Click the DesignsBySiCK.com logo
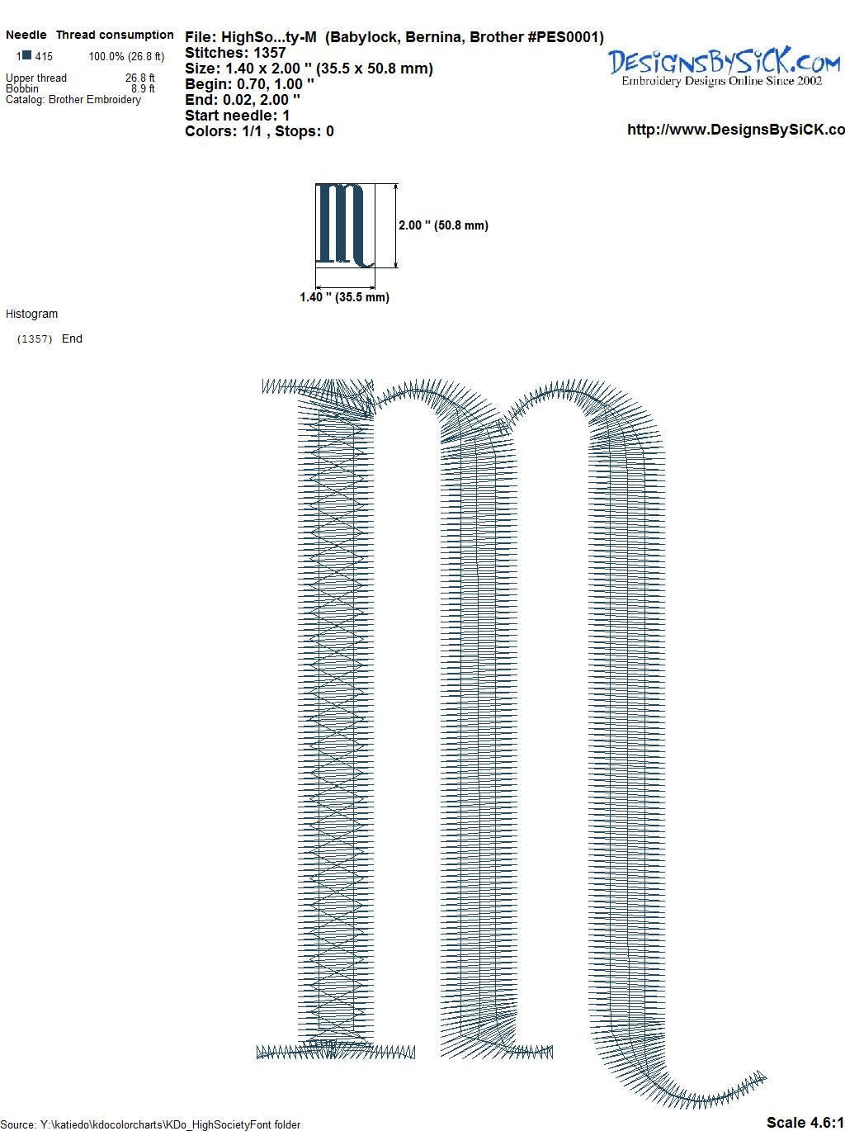tap(724, 66)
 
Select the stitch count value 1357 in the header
tap(269, 53)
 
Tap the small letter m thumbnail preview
tap(344, 225)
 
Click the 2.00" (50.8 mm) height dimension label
tap(443, 225)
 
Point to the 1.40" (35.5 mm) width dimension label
tap(344, 297)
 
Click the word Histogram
tap(31, 314)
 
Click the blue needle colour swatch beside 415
tap(27, 55)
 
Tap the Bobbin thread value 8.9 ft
tap(143, 88)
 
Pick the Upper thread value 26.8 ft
tap(139, 78)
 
